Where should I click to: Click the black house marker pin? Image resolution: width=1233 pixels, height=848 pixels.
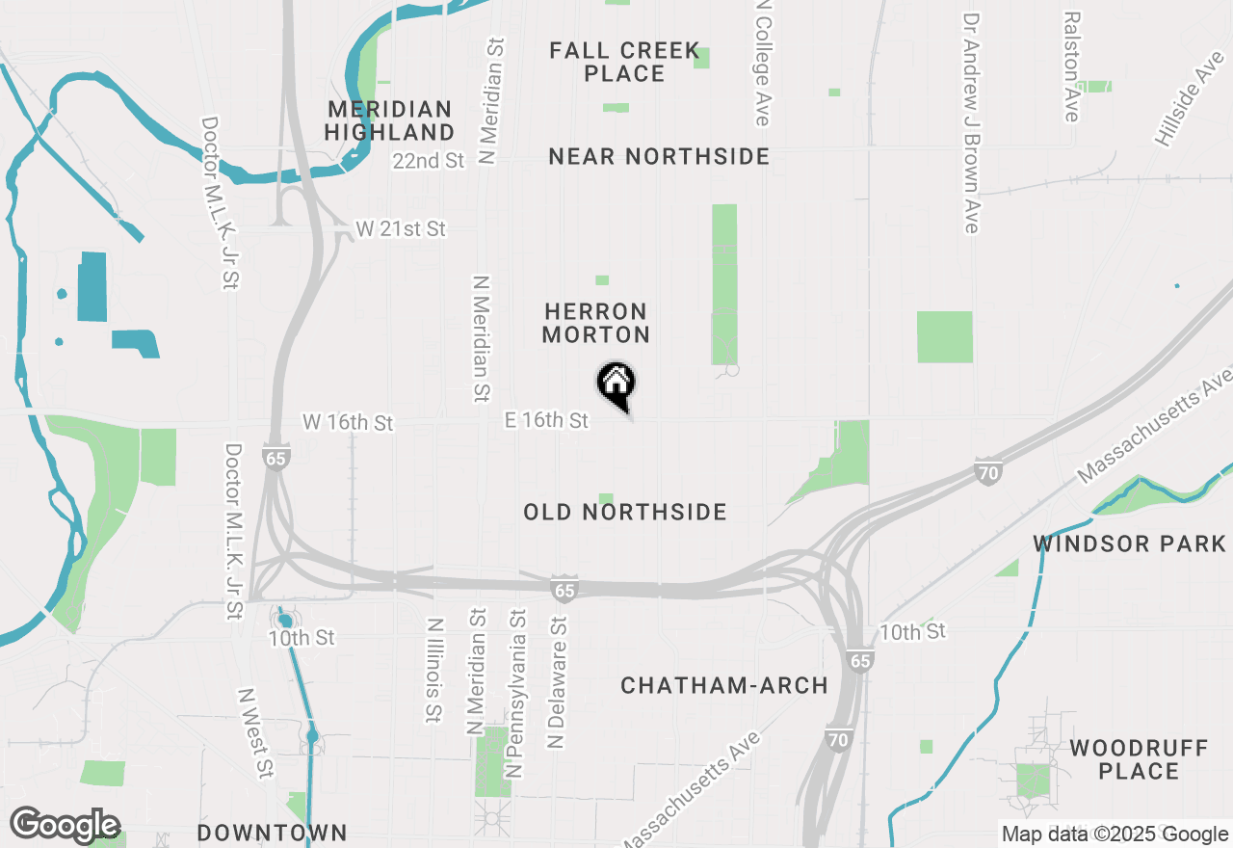click(x=616, y=384)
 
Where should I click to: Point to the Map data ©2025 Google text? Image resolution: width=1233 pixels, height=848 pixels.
click(x=1115, y=835)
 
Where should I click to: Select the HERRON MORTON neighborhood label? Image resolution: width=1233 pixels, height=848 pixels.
click(x=595, y=323)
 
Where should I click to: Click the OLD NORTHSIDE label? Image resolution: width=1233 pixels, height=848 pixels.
click(x=625, y=512)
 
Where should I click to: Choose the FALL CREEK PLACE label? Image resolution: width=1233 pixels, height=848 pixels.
click(x=624, y=62)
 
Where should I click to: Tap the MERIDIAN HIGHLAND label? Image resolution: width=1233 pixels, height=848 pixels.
click(x=389, y=120)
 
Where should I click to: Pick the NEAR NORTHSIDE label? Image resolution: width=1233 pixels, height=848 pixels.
click(x=659, y=156)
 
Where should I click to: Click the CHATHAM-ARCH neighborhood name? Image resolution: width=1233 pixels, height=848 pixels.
click(x=724, y=685)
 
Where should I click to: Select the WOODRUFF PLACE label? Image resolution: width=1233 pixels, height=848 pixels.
click(x=1139, y=759)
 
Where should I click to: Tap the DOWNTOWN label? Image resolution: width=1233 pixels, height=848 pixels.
click(x=272, y=833)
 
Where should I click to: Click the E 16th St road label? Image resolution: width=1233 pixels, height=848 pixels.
click(x=546, y=420)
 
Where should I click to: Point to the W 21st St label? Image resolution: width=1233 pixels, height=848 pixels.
click(x=401, y=228)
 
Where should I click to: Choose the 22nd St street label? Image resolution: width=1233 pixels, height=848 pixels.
click(x=429, y=161)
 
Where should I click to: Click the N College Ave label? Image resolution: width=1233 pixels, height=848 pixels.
click(x=763, y=64)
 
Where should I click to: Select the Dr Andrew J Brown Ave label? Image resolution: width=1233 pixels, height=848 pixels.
click(x=971, y=122)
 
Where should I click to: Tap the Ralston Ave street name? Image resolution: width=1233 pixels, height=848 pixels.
click(x=1071, y=66)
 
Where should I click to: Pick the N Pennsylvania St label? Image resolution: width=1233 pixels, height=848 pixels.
click(x=517, y=692)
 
